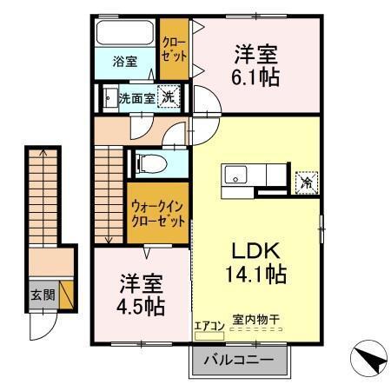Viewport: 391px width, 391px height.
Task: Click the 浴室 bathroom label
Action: (125, 61)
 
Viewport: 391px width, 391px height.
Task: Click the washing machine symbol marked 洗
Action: (170, 97)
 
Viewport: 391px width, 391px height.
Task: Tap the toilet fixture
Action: (148, 162)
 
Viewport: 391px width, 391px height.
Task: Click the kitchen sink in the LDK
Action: (237, 176)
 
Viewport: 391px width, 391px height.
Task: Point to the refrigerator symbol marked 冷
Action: (306, 182)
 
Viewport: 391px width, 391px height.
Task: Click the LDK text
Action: (254, 250)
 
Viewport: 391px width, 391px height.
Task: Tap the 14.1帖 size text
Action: (254, 274)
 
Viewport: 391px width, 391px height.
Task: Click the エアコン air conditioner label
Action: (209, 326)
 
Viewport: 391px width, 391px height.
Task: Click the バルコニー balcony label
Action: (238, 359)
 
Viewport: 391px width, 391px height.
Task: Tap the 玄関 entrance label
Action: (43, 295)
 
